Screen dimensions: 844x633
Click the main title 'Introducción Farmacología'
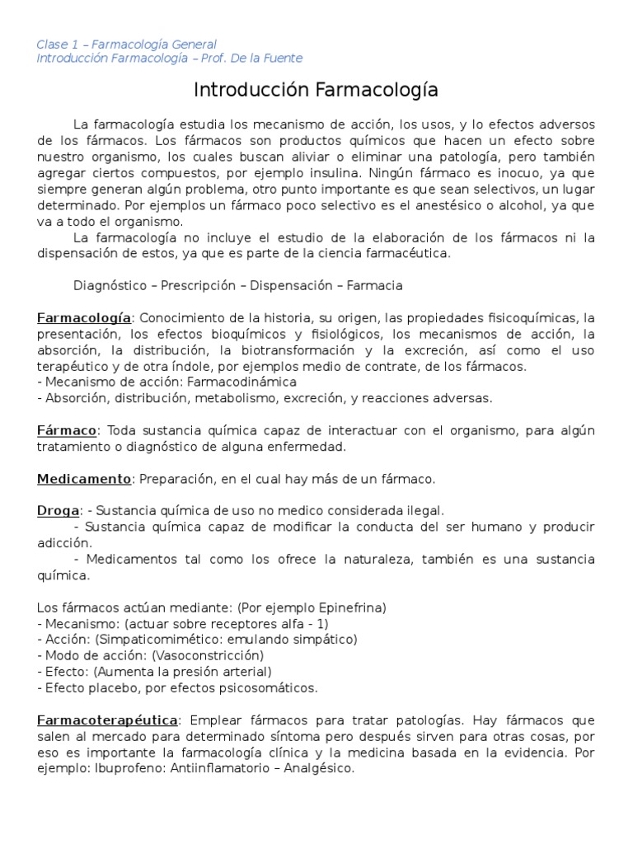click(316, 89)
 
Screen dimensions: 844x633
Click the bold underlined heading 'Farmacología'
click(84, 317)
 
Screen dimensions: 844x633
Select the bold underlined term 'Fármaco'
click(67, 431)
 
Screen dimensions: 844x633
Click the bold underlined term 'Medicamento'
click(84, 479)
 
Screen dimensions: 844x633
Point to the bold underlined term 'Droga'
click(58, 511)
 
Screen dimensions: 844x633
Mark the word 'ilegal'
click(426, 511)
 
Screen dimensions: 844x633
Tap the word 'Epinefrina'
click(347, 607)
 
